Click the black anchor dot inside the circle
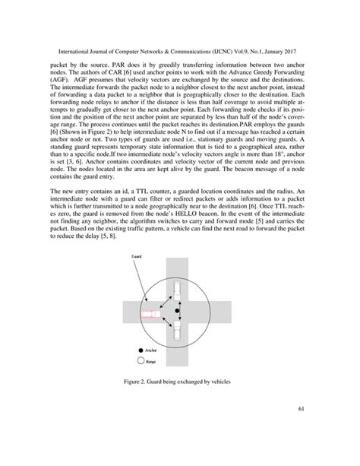point(178,312)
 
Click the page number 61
point(301,433)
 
